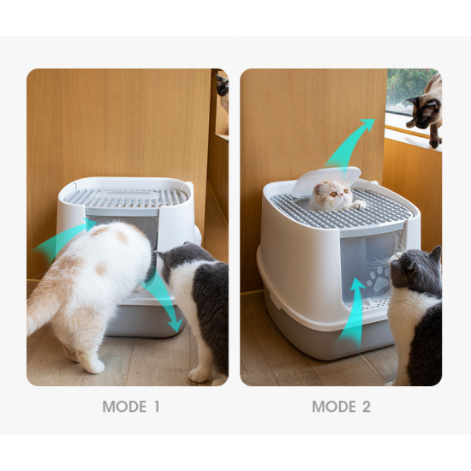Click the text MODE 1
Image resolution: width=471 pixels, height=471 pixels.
pyautogui.click(x=131, y=407)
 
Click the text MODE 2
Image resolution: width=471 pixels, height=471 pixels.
pyautogui.click(x=341, y=407)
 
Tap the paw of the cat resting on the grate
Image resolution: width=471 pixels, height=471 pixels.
pyautogui.click(x=360, y=206)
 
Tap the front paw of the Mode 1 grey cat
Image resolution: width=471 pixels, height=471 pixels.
pyautogui.click(x=199, y=374)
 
